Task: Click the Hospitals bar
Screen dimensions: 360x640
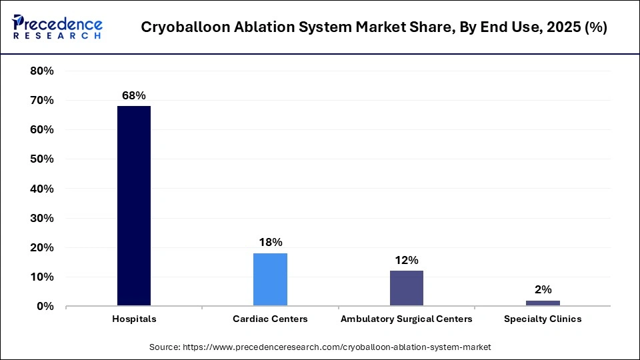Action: click(134, 205)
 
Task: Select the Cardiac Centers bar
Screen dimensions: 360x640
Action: click(270, 279)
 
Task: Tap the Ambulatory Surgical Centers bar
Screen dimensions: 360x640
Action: click(406, 288)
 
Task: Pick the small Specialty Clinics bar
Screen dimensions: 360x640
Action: click(543, 303)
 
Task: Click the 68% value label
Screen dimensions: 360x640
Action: click(133, 95)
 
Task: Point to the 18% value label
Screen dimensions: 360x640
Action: click(270, 242)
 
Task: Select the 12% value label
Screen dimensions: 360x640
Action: click(406, 260)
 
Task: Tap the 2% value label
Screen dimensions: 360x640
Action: click(543, 289)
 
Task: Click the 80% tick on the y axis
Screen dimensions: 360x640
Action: click(42, 71)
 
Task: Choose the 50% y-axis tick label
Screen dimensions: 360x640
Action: click(42, 159)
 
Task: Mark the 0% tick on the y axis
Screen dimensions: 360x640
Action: click(45, 307)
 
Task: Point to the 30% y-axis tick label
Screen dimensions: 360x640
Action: click(42, 218)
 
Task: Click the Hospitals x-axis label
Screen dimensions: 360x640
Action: click(134, 319)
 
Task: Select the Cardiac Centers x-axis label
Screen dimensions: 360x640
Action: click(270, 319)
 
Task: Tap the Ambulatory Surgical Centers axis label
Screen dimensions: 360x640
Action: click(406, 319)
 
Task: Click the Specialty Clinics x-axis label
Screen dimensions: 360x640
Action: click(543, 319)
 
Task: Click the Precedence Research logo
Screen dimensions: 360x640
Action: click(57, 27)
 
